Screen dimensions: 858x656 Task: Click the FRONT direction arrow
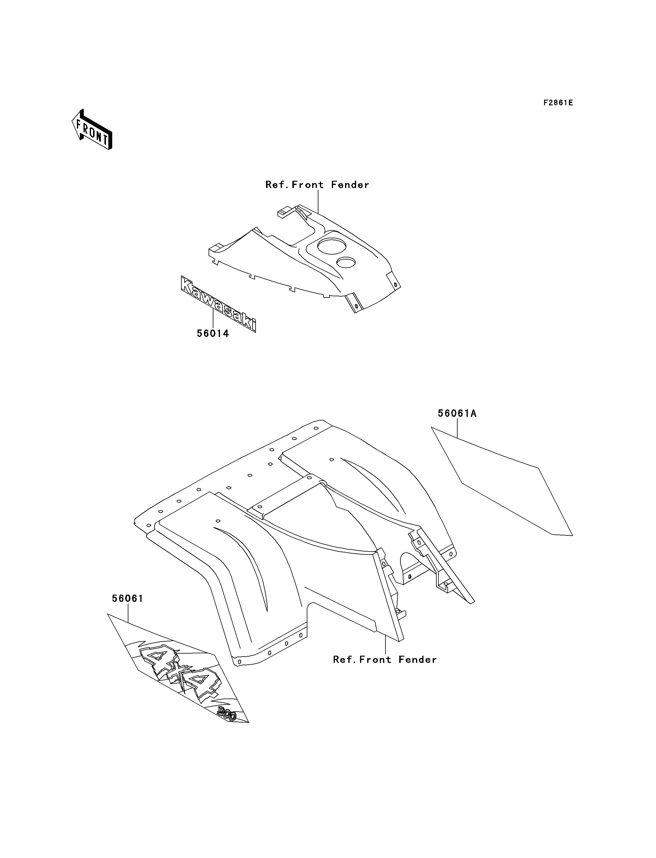tap(92, 130)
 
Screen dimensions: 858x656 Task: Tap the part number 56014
tap(213, 333)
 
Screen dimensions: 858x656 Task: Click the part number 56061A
tap(457, 413)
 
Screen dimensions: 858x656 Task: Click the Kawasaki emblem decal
tap(218, 303)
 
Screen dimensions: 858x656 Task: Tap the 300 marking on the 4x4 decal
tap(227, 714)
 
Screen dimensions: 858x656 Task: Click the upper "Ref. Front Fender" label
tap(317, 185)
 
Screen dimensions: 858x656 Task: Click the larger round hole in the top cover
tap(332, 245)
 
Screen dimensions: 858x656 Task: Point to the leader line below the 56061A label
tap(457, 428)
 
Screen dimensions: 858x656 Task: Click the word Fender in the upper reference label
tap(350, 185)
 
